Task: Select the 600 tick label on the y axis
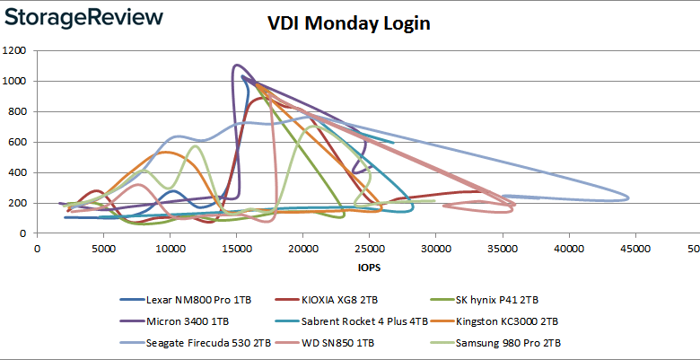[20, 142]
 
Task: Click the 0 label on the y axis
[26, 233]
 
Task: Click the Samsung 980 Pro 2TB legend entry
[503, 341]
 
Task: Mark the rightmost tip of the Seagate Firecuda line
[628, 198]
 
